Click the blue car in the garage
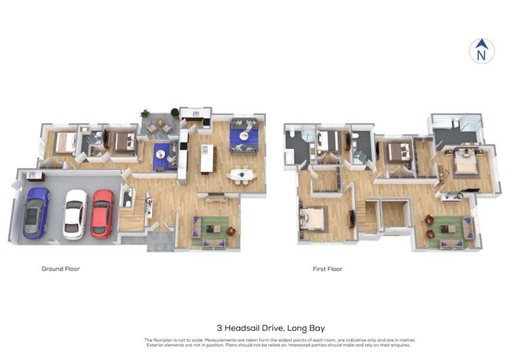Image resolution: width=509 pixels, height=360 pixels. click(x=36, y=213)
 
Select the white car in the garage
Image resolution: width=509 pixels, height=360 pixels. click(x=75, y=215)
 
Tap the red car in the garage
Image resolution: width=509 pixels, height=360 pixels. click(x=102, y=214)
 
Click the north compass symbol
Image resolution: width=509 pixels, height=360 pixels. click(x=482, y=51)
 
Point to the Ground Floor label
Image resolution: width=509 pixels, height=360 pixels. click(x=60, y=269)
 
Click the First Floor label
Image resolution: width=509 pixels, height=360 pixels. click(x=327, y=269)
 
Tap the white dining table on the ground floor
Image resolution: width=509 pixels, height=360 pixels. click(x=242, y=175)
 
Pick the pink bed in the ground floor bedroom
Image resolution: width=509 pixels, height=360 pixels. click(x=65, y=143)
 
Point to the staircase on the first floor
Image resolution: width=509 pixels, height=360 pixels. click(x=369, y=216)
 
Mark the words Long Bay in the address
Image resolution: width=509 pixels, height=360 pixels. click(x=306, y=328)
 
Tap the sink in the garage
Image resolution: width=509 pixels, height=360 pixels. click(x=33, y=175)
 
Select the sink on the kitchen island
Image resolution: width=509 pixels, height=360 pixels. click(x=204, y=149)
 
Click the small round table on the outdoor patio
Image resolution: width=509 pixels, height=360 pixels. click(x=159, y=123)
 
